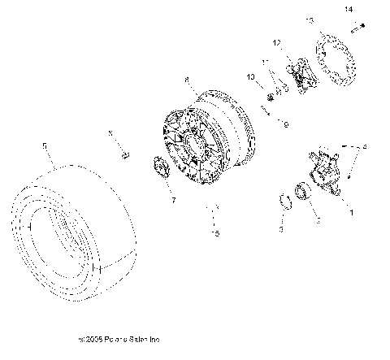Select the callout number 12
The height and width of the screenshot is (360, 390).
(276, 42)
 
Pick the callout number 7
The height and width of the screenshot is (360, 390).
(171, 199)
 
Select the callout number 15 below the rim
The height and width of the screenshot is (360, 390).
(214, 233)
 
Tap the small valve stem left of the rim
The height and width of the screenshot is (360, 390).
(125, 154)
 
